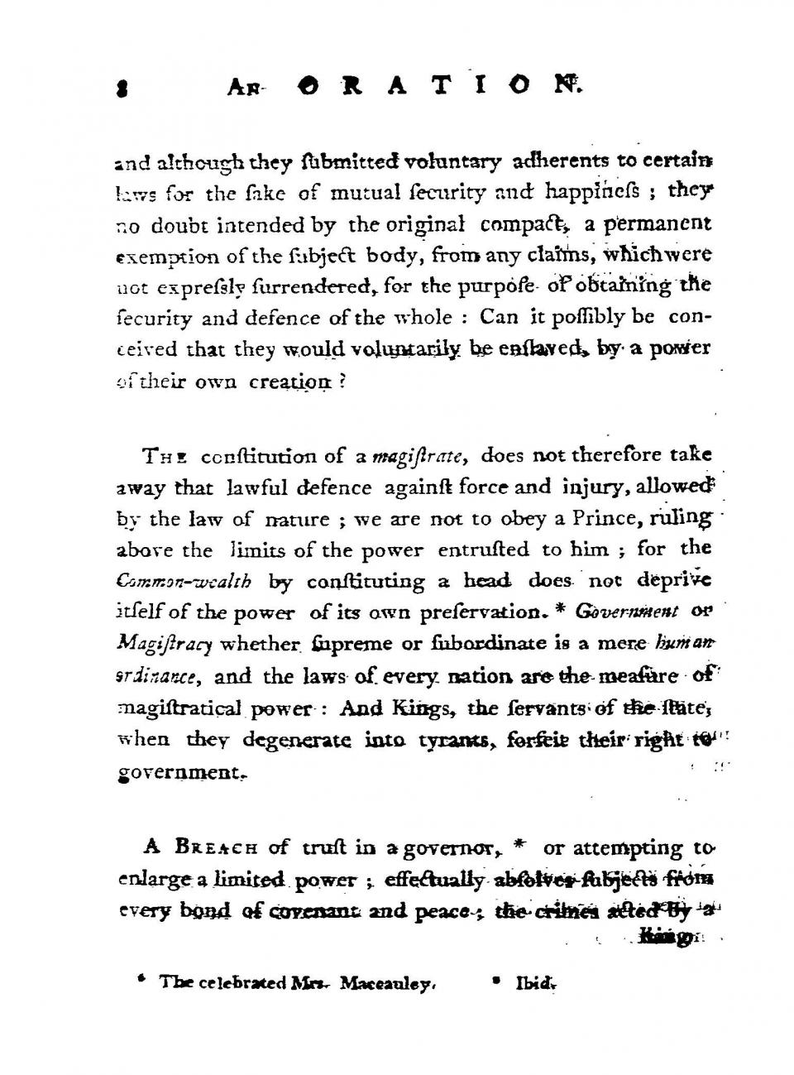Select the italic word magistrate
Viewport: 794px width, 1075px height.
click(419, 456)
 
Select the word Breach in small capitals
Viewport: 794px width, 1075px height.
click(210, 847)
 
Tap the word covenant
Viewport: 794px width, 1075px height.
click(330, 910)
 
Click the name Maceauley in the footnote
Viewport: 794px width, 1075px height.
click(387, 983)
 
